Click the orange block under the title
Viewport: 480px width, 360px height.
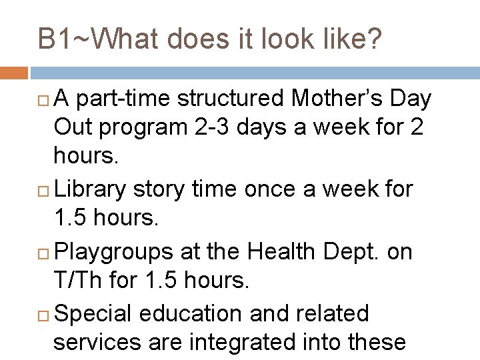(x=14, y=71)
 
